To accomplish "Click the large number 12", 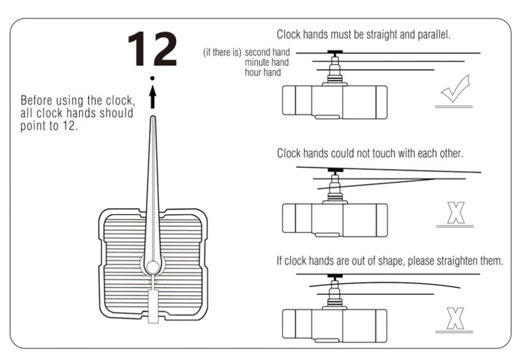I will tap(152, 49).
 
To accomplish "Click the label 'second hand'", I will tap(267, 53).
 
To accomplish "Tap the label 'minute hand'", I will tap(267, 62).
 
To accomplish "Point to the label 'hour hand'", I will tap(263, 72).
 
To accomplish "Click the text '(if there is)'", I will tap(222, 53).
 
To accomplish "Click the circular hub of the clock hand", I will tap(152, 264).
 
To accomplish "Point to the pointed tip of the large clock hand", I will tap(152, 119).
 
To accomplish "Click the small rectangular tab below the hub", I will tap(153, 306).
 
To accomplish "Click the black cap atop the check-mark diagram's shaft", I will tap(336, 53).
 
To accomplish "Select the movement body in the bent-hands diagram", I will tap(335, 323).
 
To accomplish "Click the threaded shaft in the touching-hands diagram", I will tap(336, 186).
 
